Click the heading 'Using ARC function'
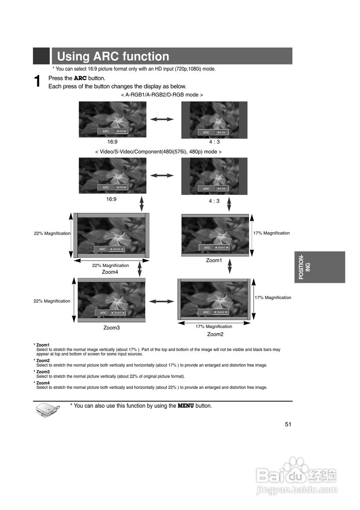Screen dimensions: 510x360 (x=113, y=56)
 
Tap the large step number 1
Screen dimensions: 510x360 (x=38, y=82)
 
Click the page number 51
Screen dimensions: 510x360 (x=288, y=424)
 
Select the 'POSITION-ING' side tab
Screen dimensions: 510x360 (x=320, y=267)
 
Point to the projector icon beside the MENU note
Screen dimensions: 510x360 (x=47, y=410)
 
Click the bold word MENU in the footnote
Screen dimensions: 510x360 (x=186, y=406)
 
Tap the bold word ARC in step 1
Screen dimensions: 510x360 (x=80, y=78)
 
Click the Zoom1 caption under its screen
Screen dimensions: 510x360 (x=214, y=260)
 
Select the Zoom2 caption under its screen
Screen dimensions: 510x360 (x=215, y=334)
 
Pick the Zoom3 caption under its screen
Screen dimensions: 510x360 (x=112, y=328)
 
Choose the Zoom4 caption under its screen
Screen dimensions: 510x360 (x=110, y=272)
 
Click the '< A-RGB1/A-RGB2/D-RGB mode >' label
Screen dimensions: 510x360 (x=162, y=95)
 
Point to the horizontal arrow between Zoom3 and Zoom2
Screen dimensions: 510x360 (x=162, y=302)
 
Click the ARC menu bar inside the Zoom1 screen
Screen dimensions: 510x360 (x=214, y=247)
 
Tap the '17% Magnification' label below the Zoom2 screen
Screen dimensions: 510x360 (x=213, y=326)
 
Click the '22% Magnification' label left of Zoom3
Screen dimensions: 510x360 (x=52, y=301)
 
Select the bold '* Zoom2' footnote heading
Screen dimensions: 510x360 (x=42, y=361)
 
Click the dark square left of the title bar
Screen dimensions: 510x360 (x=41, y=56)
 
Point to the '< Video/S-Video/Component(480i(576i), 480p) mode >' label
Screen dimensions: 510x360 (x=158, y=152)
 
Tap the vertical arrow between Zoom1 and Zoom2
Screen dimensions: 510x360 (x=229, y=267)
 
